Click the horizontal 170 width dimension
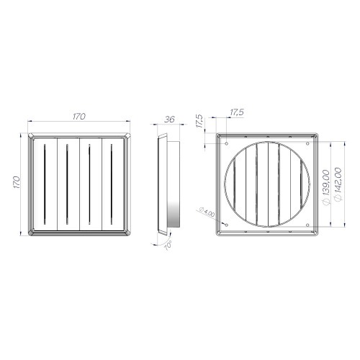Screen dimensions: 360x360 [x=79, y=114]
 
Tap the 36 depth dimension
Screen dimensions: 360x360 [x=169, y=120]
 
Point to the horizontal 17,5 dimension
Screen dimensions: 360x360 [x=236, y=113]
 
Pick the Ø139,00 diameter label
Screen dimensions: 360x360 [x=326, y=185]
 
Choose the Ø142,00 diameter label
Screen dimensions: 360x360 [x=336, y=185]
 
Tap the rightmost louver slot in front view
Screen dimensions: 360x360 [x=113, y=184]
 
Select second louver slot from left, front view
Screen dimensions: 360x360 [x=66, y=184]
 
